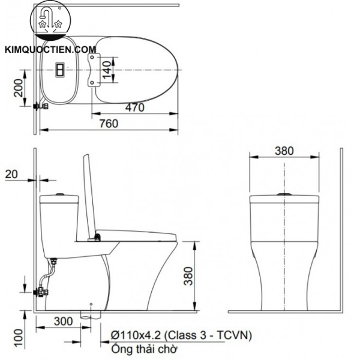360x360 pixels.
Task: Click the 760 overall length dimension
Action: click(109, 124)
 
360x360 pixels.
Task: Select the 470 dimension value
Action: click(135, 107)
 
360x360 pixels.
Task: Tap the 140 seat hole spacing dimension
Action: click(107, 70)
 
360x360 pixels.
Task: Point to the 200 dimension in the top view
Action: click(19, 88)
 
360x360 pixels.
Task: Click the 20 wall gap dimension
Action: click(11, 174)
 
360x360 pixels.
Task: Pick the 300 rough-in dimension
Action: click(64, 321)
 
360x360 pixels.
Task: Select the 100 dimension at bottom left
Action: click(19, 338)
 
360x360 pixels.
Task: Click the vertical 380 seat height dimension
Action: click(188, 276)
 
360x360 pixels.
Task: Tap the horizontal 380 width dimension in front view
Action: click(284, 151)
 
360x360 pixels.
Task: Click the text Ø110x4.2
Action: click(136, 335)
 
